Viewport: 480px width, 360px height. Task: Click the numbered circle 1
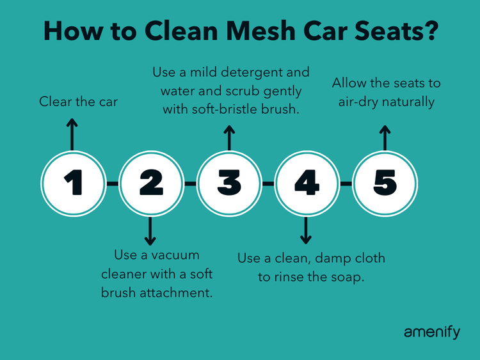[72, 184]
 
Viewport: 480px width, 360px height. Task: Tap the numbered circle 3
[228, 184]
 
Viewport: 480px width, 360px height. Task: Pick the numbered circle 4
[307, 184]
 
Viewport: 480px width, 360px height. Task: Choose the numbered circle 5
[385, 184]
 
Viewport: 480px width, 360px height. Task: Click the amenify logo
[431, 333]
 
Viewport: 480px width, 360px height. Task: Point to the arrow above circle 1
[72, 133]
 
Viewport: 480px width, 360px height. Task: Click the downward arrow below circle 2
[150, 231]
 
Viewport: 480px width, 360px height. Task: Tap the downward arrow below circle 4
[307, 231]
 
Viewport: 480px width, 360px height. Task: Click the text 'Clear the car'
[79, 102]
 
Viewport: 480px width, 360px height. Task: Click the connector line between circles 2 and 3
[189, 184]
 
